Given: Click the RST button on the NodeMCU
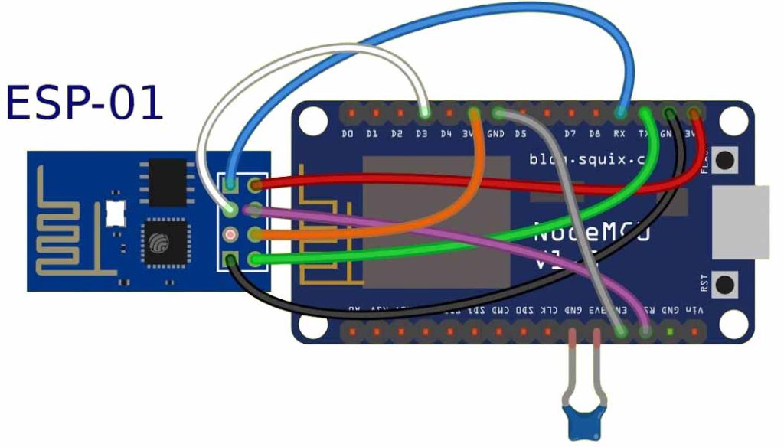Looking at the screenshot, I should [x=723, y=285].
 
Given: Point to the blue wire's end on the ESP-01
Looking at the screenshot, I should [x=230, y=184].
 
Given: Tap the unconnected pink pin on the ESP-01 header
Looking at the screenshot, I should [x=230, y=234].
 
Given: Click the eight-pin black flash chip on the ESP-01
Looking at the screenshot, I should [x=168, y=181].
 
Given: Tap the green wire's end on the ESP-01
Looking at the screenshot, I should [x=255, y=260].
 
